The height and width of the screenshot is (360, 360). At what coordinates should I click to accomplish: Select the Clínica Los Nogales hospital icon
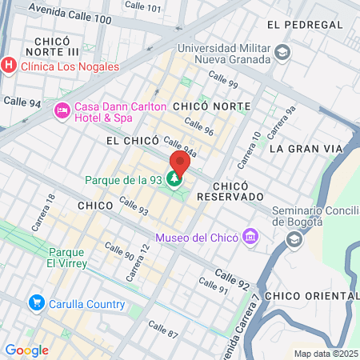8,66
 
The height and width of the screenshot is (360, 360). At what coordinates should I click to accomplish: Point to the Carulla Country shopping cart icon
36,304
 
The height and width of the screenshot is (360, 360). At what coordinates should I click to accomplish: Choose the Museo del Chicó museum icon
251,238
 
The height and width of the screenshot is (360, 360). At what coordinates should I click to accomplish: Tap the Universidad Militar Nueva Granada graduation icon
282,53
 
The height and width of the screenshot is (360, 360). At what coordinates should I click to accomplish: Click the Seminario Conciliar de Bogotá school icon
294,238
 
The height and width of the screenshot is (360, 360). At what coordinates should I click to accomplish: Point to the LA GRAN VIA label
305,149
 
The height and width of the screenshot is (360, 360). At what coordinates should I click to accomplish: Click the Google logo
26,350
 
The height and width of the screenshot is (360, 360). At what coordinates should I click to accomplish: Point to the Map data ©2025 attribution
325,354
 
